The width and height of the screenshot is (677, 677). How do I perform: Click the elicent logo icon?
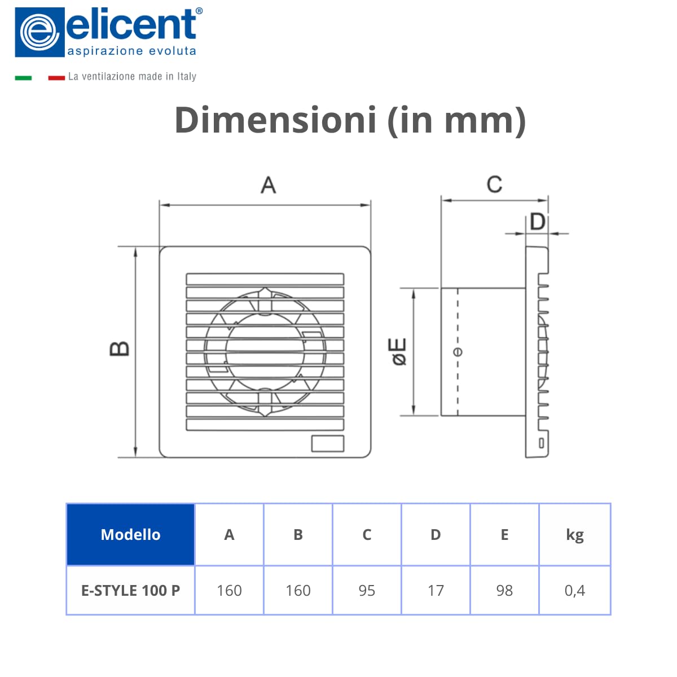point(39,32)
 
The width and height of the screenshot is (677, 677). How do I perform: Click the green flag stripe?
point(23,78)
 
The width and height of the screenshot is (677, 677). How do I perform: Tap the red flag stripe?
point(56,78)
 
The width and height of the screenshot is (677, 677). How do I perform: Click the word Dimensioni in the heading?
point(275,120)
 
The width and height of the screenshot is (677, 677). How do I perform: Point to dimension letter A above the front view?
point(268,185)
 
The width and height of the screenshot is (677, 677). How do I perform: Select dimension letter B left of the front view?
point(119,349)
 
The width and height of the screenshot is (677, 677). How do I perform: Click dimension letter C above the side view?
point(494,184)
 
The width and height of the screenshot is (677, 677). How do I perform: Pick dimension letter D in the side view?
point(538,222)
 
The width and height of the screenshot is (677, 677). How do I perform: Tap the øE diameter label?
point(399,352)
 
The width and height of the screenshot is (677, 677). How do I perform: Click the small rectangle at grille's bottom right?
point(328,443)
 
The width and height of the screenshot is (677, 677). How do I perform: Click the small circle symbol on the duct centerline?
point(458,352)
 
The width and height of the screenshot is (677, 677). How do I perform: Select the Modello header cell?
point(130,534)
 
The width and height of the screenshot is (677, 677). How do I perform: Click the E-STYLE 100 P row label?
point(130,591)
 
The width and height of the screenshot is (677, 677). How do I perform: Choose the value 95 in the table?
point(367,591)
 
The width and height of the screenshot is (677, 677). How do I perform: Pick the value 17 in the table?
point(436,591)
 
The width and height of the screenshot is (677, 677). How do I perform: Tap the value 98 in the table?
point(504,591)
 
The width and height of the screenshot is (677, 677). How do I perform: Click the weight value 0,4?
point(574,591)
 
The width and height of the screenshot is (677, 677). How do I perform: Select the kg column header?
point(574,534)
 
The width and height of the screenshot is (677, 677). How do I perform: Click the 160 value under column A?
point(229,591)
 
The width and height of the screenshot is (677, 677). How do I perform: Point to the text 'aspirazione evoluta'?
point(131,51)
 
